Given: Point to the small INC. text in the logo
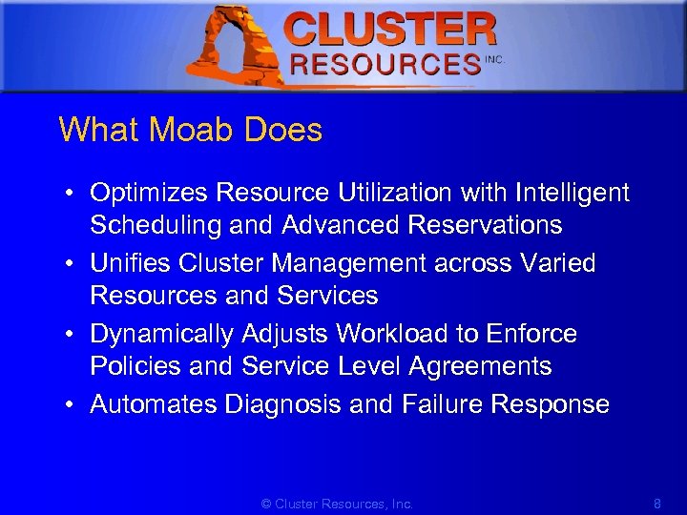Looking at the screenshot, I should coord(494,59).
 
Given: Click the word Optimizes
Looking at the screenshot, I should coord(150,193).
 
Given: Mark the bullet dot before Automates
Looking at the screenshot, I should coord(72,405).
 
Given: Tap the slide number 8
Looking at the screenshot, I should coord(656,503).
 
